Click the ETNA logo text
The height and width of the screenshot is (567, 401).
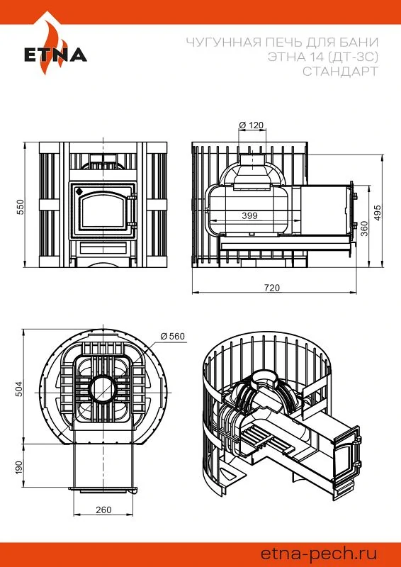click(x=55, y=55)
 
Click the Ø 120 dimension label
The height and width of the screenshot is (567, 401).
click(x=252, y=125)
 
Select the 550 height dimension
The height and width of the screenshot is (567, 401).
click(x=20, y=206)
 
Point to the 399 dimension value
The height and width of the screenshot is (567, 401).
click(x=250, y=215)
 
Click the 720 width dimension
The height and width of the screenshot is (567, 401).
click(x=272, y=288)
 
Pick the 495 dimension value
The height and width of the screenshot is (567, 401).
click(x=378, y=213)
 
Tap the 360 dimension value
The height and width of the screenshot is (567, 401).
click(x=364, y=229)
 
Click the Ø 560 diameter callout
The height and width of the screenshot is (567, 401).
click(x=172, y=336)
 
